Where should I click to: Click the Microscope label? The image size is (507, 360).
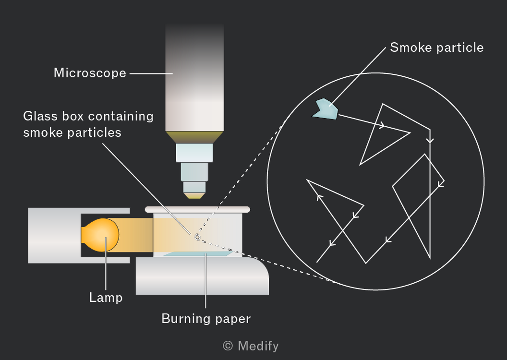pos(90,73)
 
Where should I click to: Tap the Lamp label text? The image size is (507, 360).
pos(106,298)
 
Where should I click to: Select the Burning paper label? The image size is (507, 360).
pos(206,319)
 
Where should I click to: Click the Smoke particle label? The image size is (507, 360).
pos(437,48)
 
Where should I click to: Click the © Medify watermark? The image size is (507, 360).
pos(251,346)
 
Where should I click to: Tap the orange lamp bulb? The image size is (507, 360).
pos(100,235)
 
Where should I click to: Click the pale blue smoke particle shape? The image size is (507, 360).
pos(326,109)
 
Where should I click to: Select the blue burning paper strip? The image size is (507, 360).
pos(198,254)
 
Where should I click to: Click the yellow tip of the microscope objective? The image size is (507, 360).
pos(194,195)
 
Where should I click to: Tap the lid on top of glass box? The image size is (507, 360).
pos(197,209)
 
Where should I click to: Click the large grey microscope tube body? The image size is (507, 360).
pos(194,78)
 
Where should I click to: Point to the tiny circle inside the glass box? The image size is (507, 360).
pos(197,237)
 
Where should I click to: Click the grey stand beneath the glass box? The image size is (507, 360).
pos(202,276)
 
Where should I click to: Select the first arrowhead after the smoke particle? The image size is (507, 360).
pos(382,125)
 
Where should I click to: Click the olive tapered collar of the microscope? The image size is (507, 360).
pos(194,137)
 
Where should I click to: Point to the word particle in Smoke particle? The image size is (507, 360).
pos(460,48)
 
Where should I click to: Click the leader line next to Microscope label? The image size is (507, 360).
pos(151,73)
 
